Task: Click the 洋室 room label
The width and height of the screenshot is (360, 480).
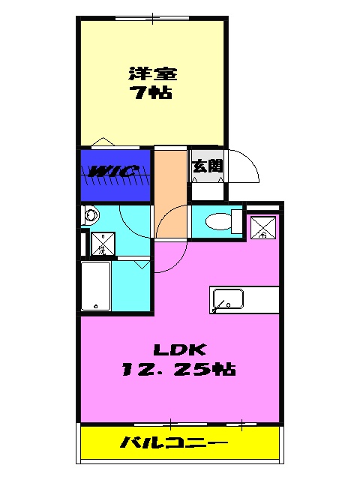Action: pyautogui.click(x=152, y=74)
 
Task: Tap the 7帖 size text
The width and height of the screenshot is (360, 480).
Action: pyautogui.click(x=152, y=95)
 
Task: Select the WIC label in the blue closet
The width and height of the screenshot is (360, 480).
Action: pyautogui.click(x=113, y=172)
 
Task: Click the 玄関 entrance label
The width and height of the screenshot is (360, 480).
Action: pyautogui.click(x=206, y=166)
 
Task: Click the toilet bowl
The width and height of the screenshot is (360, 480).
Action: pyautogui.click(x=217, y=221)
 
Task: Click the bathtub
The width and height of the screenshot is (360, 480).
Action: pyautogui.click(x=95, y=286)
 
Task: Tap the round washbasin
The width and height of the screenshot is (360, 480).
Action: pyautogui.click(x=91, y=216)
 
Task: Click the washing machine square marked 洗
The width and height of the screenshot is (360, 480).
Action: pyautogui.click(x=103, y=243)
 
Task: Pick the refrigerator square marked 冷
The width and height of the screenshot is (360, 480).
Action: pyautogui.click(x=262, y=227)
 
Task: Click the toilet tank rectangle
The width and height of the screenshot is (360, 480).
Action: pyautogui.click(x=237, y=222)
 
